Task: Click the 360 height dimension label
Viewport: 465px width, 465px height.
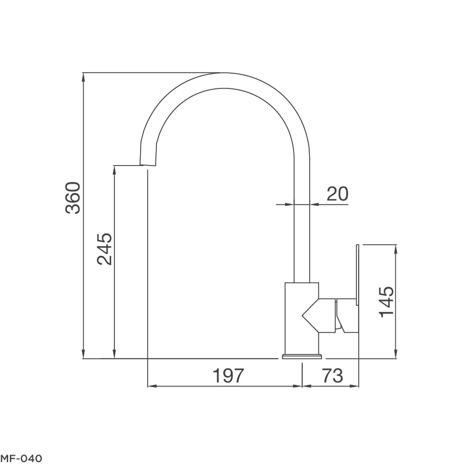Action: pyautogui.click(x=73, y=198)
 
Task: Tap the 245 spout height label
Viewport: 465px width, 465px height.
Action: pyautogui.click(x=104, y=249)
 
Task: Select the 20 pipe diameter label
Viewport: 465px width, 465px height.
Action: pyautogui.click(x=337, y=194)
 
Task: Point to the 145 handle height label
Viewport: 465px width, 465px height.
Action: pyautogui.click(x=387, y=302)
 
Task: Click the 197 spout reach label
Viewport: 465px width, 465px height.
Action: pyautogui.click(x=227, y=376)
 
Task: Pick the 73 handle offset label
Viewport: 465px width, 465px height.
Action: pyautogui.click(x=332, y=376)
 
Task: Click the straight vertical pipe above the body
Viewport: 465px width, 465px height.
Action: pyautogui.click(x=302, y=233)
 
